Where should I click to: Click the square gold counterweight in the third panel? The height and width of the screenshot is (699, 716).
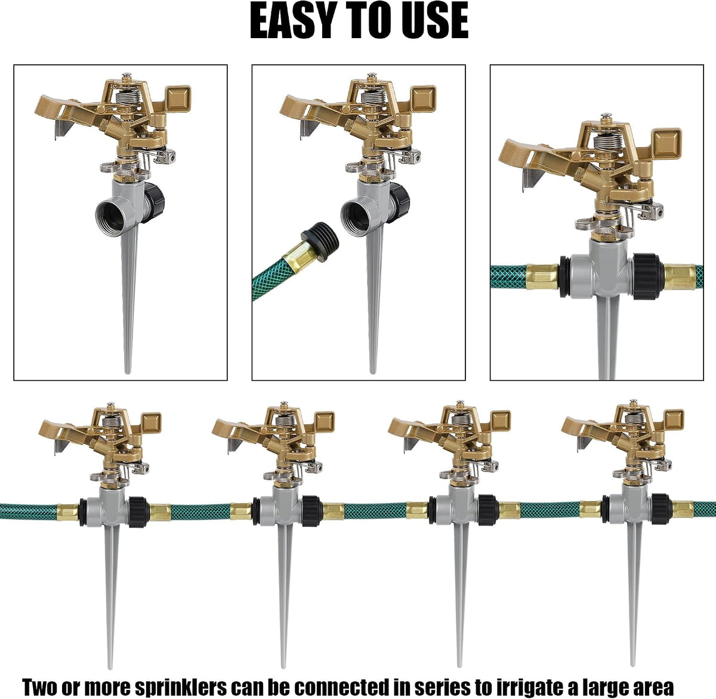(666, 143)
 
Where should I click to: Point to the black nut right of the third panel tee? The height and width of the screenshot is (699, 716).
(646, 277)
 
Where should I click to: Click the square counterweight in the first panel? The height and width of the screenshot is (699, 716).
(178, 99)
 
